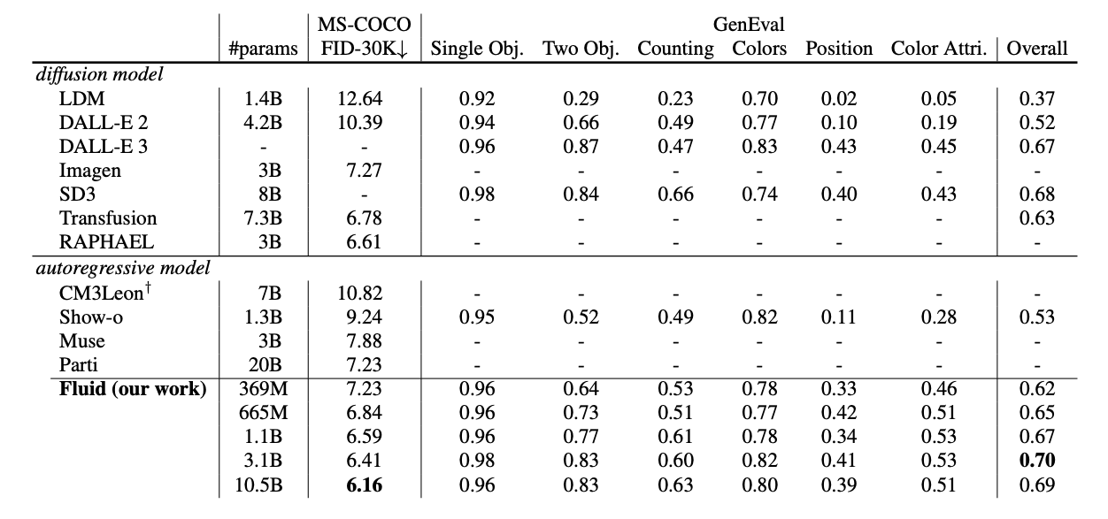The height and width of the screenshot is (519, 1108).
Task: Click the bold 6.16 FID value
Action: pos(364,485)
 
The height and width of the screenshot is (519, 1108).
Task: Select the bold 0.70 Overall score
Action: pos(1036,461)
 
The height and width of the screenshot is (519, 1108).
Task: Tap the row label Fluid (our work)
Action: pos(133,388)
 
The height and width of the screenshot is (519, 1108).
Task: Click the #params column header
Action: pos(263,49)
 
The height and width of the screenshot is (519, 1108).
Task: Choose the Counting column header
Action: pos(675,49)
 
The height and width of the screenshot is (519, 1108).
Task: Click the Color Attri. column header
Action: pos(938,49)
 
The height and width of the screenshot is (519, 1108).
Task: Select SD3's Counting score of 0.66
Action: pos(675,195)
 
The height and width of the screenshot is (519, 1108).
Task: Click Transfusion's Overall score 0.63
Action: pos(1036,218)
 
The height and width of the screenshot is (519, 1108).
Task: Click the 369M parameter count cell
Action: pos(263,388)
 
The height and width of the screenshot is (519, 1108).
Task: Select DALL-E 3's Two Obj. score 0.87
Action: pos(581,147)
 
